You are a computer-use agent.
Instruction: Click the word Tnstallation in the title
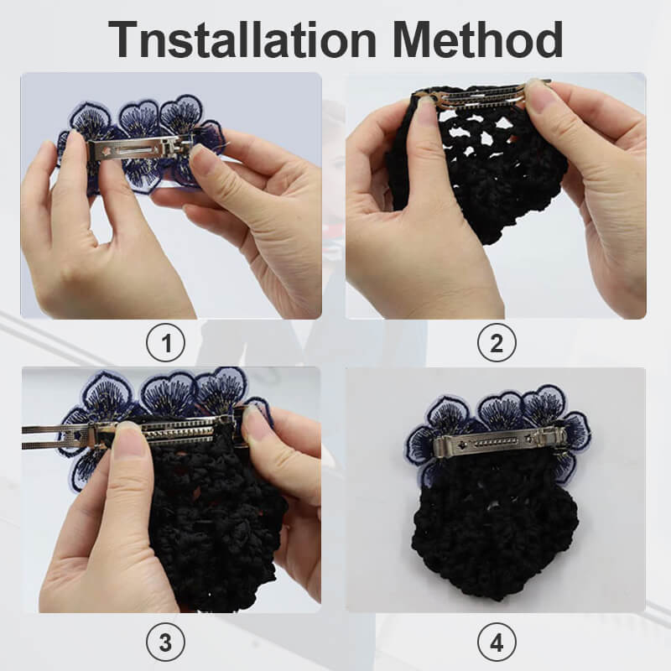click(x=243, y=39)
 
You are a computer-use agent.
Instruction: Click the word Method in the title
click(x=479, y=39)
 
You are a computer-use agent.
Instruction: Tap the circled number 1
click(x=165, y=343)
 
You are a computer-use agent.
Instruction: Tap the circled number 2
click(x=496, y=343)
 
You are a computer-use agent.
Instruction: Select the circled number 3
click(x=165, y=643)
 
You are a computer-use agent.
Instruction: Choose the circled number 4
click(x=496, y=643)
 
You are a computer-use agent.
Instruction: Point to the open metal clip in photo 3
click(x=126, y=431)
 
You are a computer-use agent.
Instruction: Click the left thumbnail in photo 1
click(x=75, y=146)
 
